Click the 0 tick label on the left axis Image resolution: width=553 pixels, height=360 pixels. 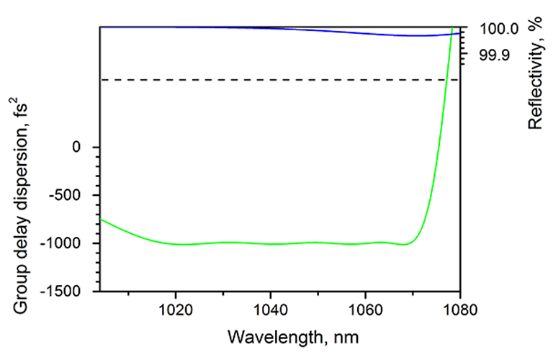coord(76,147)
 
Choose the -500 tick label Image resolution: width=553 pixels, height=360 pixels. coord(68,195)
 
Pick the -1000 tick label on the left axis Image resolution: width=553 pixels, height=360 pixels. coord(65,243)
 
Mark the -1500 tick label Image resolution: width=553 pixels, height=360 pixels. coord(65,291)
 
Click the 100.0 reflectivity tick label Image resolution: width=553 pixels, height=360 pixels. coord(498,30)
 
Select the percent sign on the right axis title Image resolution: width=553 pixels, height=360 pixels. coord(535,28)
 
